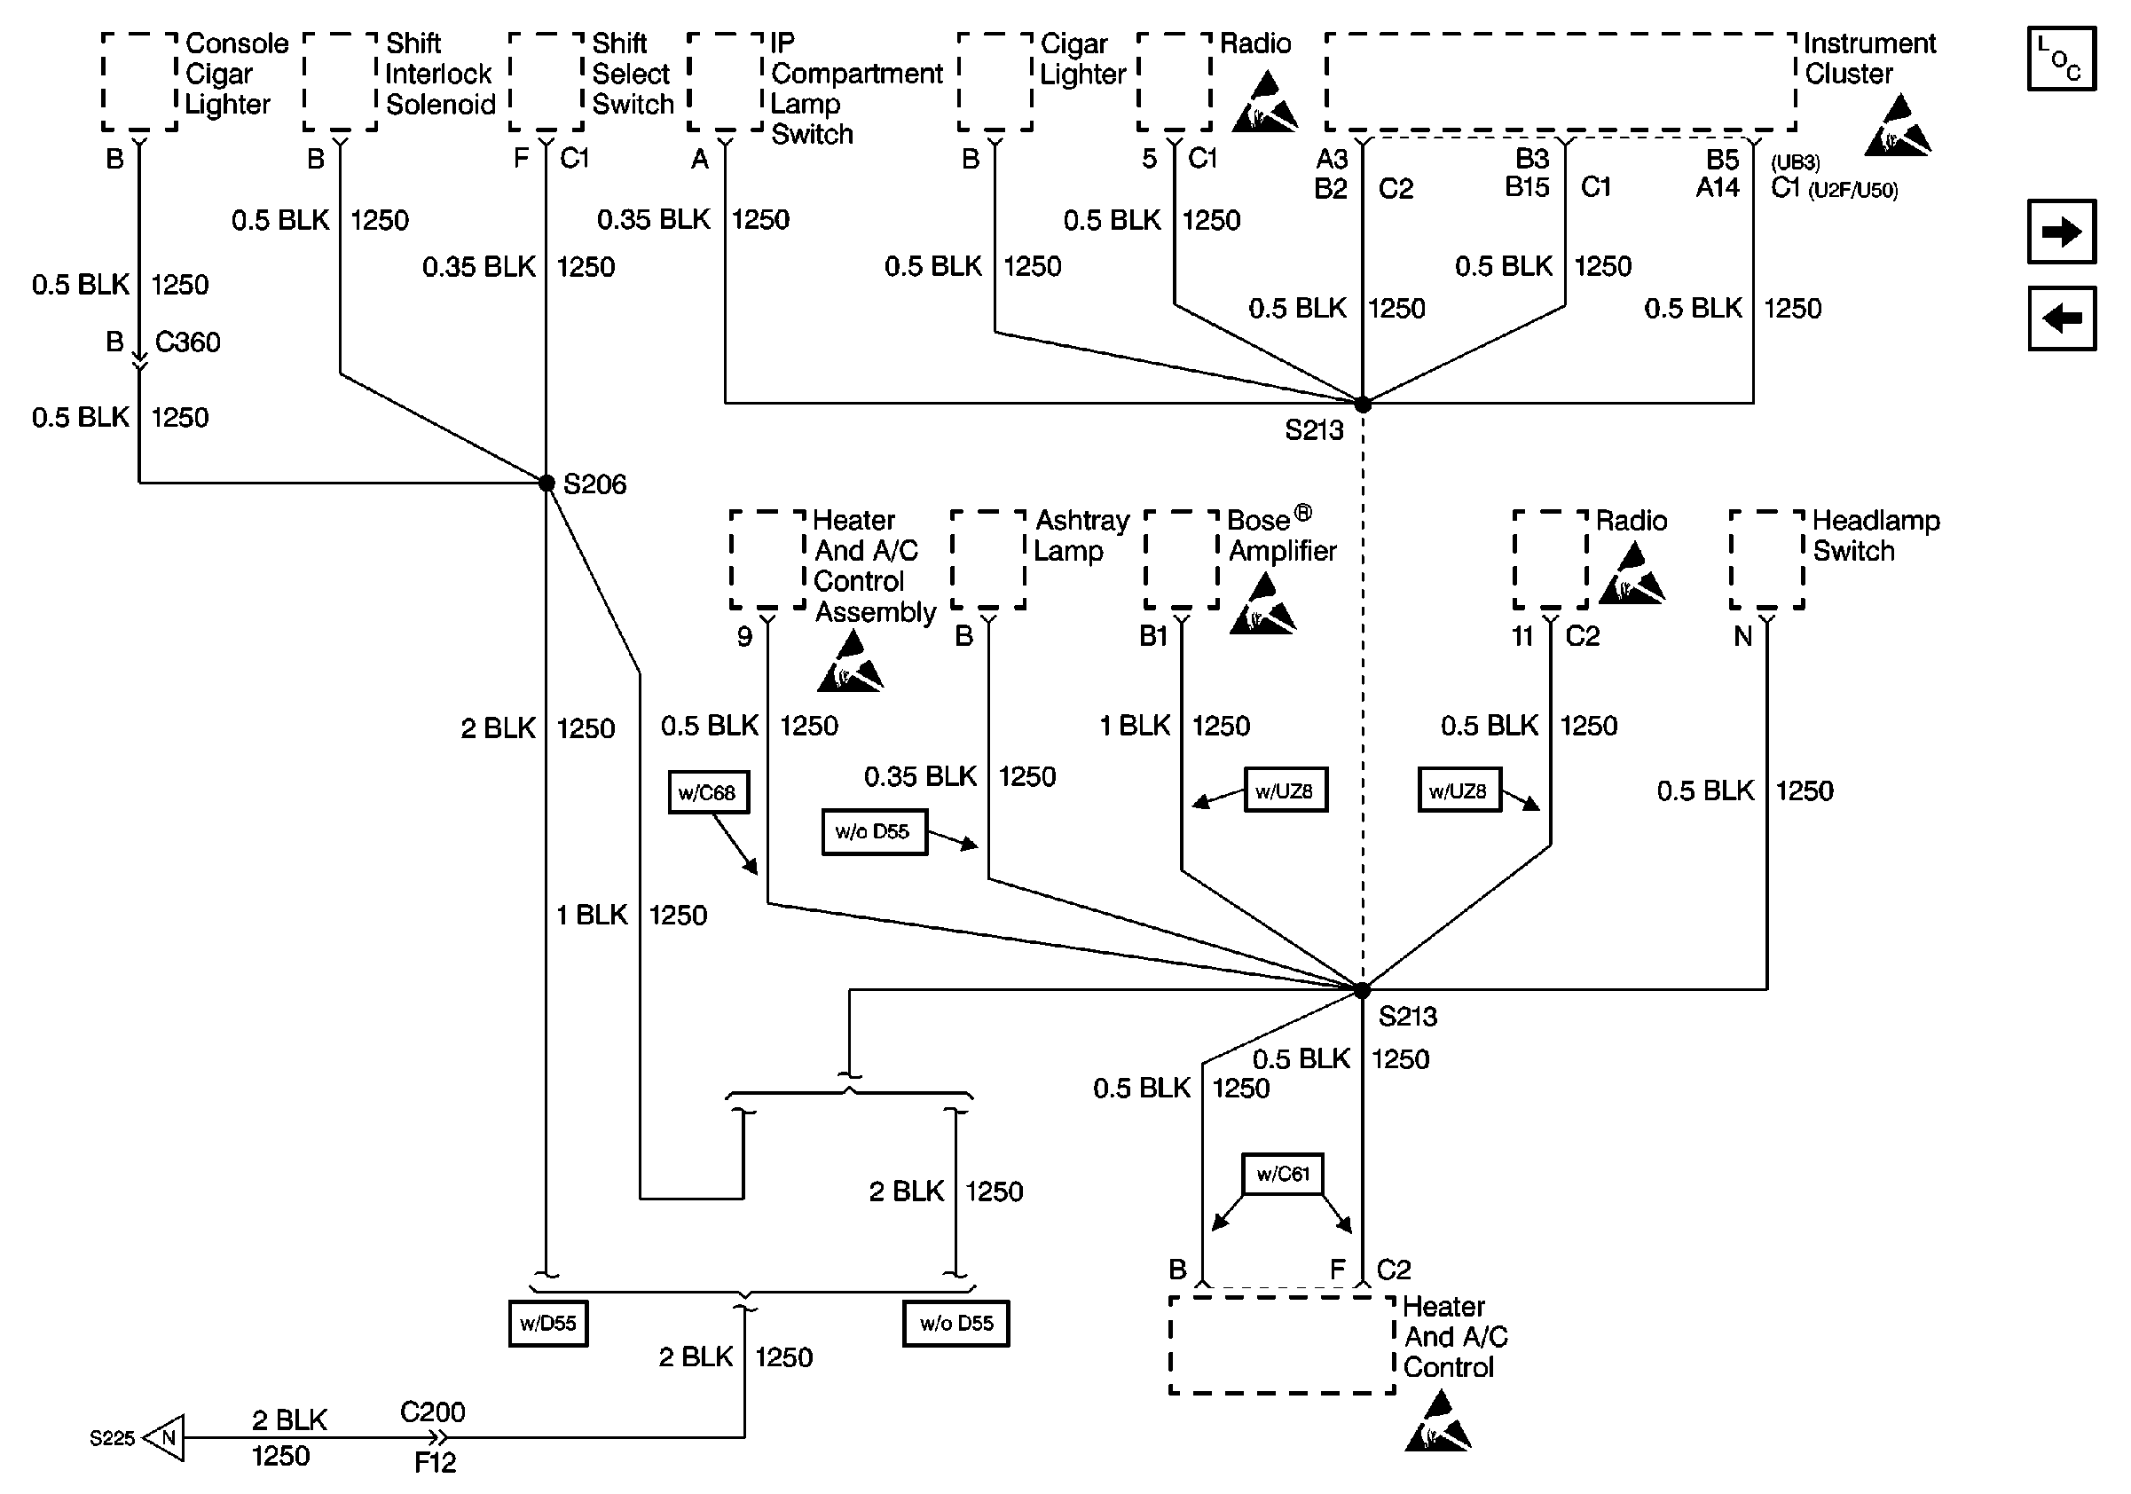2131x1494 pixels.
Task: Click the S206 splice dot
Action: point(547,483)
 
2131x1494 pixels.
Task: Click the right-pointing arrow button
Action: point(2062,231)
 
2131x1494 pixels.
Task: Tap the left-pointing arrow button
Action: point(2062,318)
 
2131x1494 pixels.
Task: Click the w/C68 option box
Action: point(708,792)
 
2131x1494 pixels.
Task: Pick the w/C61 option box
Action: point(1283,1174)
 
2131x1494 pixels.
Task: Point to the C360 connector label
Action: point(187,342)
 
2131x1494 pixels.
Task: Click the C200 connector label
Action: point(433,1411)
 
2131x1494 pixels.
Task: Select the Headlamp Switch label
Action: point(1875,536)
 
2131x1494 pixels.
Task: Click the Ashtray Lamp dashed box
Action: point(988,560)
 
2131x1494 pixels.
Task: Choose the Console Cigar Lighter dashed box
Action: point(139,82)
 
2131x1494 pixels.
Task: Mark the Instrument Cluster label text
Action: point(1869,59)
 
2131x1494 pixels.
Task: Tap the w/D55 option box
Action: point(548,1324)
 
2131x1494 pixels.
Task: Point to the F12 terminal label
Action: point(435,1462)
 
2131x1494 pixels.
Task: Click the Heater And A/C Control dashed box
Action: point(1282,1345)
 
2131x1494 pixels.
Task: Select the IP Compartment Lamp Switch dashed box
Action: point(725,82)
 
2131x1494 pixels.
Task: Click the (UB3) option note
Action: point(1795,162)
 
